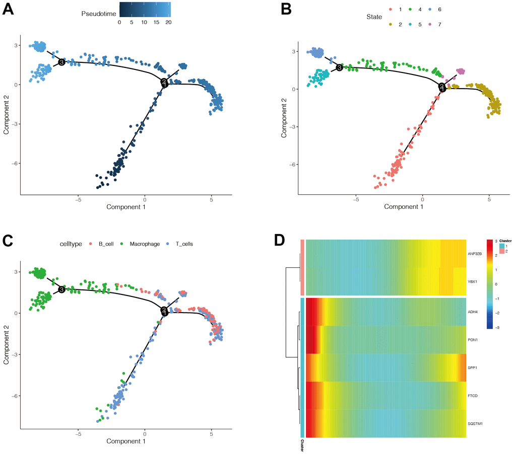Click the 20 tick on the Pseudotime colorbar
pyautogui.click(x=168, y=22)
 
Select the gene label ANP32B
pyautogui.click(x=475, y=254)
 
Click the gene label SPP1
pyautogui.click(x=472, y=367)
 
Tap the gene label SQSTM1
pyautogui.click(x=475, y=424)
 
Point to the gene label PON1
pyautogui.click(x=472, y=339)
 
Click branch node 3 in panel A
pyautogui.click(x=61, y=62)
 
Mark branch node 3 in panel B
pyautogui.click(x=339, y=67)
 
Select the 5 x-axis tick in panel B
pyautogui.click(x=489, y=198)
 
